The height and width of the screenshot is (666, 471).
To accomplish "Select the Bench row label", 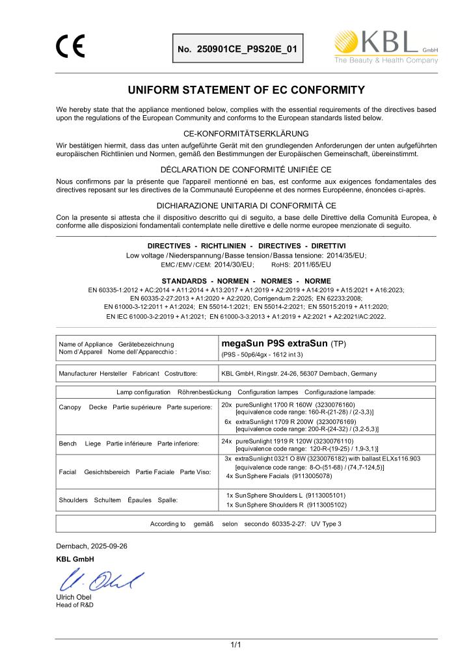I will [x=68, y=444].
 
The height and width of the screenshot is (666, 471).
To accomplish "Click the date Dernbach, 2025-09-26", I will [x=90, y=546].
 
